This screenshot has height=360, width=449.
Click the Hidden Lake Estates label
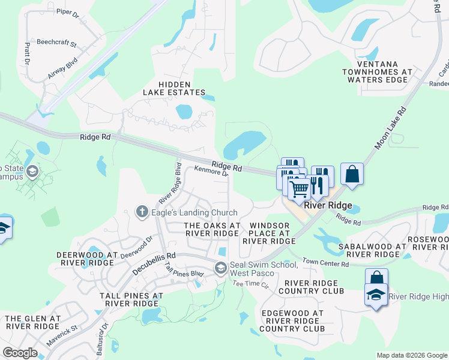(174, 88)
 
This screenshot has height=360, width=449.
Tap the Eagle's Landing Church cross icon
(142, 212)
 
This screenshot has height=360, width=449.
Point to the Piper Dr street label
(67, 11)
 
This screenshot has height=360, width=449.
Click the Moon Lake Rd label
(391, 128)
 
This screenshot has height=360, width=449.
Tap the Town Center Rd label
(325, 263)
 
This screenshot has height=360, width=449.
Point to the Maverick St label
(62, 336)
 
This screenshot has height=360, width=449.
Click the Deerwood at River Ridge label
(85, 259)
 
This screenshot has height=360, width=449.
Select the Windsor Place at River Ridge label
(268, 233)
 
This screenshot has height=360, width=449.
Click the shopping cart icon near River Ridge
(300, 190)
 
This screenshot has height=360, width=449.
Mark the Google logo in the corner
(20, 352)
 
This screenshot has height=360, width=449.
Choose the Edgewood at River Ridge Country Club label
(292, 320)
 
